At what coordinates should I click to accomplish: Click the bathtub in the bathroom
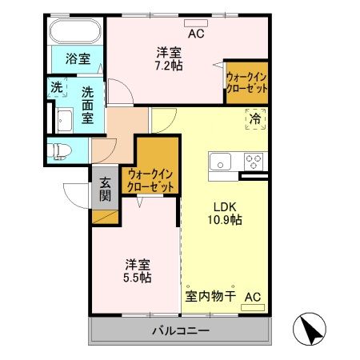point(74,34)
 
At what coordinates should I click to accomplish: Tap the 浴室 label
point(77,58)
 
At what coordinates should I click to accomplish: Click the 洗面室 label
point(88,103)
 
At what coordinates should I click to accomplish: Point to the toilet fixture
point(62,150)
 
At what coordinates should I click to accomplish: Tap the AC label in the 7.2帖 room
point(196,34)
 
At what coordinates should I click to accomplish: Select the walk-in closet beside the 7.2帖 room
point(246,82)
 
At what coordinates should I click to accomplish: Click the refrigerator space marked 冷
point(255,118)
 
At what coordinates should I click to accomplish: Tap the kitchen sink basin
point(220,162)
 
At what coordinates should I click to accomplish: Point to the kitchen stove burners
point(254,162)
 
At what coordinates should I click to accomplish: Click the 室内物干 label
point(210,298)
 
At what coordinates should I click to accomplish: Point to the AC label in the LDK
point(252,298)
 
